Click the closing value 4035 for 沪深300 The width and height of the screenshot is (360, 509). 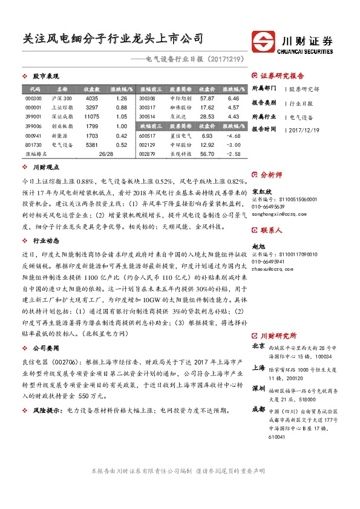click(92, 98)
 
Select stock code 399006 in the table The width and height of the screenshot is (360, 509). click(33, 126)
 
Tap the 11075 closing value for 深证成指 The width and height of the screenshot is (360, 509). click(92, 117)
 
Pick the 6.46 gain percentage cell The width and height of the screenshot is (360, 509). click(234, 98)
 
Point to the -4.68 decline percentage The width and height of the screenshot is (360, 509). click(234, 136)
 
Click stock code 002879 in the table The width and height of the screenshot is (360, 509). click(147, 155)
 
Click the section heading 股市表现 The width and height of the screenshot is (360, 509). click(45, 76)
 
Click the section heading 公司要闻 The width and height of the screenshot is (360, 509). click(45, 349)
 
